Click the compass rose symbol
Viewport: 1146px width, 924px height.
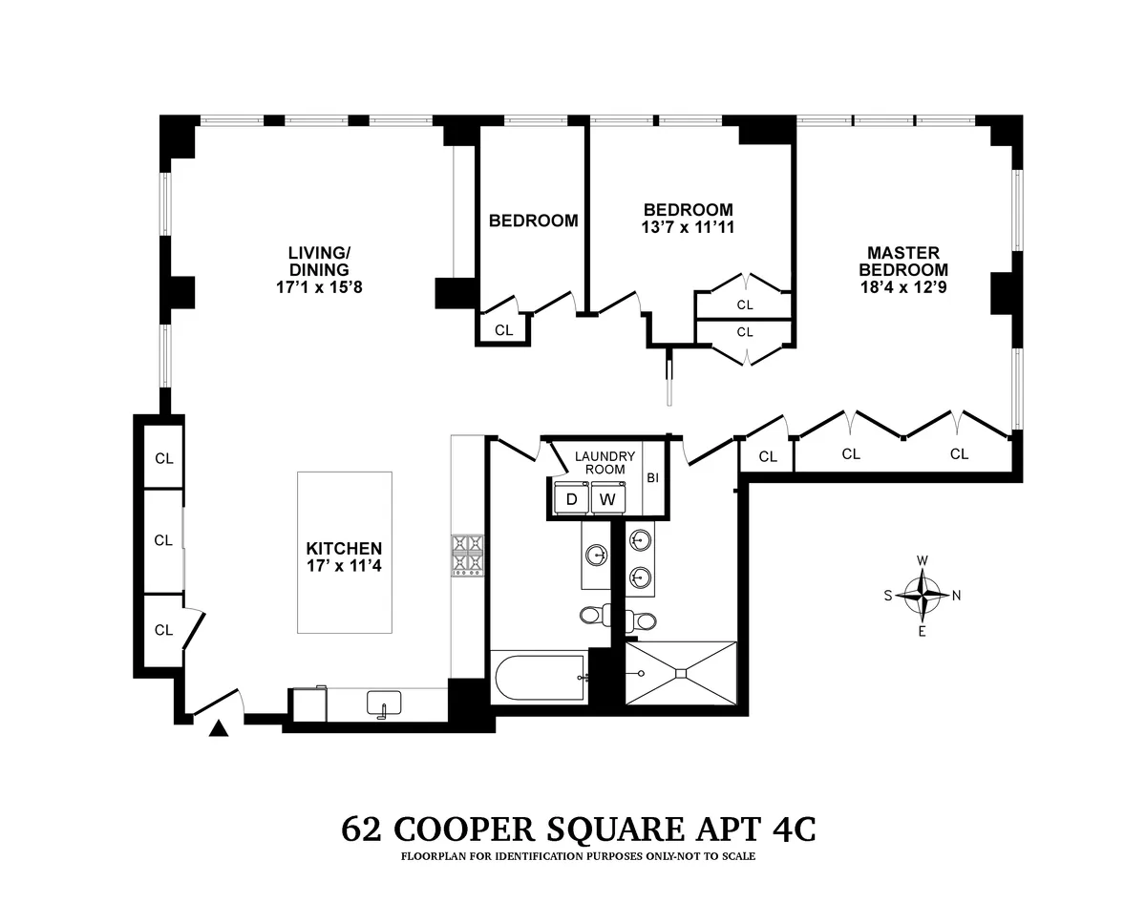coord(922,595)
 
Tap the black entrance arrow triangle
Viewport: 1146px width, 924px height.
coord(219,729)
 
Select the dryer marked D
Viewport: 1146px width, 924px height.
coord(571,499)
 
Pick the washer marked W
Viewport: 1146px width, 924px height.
coord(605,499)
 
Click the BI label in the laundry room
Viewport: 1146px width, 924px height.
coord(652,478)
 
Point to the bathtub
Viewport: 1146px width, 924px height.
coord(539,679)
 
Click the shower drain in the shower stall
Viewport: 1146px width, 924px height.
coord(681,674)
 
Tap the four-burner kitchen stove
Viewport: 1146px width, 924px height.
coord(468,555)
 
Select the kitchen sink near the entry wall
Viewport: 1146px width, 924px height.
coord(384,704)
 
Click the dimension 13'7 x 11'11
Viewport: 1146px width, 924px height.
coord(688,227)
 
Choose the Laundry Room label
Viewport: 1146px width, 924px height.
coord(605,462)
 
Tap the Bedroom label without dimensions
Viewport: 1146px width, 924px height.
coord(533,220)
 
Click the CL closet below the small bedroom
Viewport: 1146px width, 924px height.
coord(503,330)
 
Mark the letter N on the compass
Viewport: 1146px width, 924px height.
coord(956,595)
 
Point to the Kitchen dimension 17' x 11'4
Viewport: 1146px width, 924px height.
coord(344,566)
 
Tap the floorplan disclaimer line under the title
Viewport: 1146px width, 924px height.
coord(578,856)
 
